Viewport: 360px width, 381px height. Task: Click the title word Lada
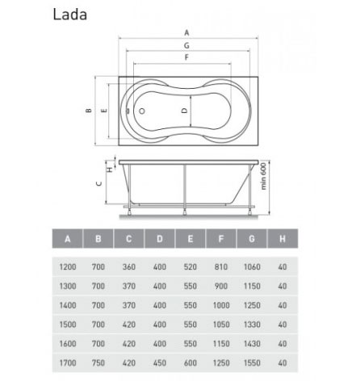tap(70, 15)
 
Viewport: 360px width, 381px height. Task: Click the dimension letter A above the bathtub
tap(186, 33)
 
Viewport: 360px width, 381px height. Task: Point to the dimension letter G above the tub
tap(186, 45)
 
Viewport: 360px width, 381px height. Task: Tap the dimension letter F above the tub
tap(186, 57)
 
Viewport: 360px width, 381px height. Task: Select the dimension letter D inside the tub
tap(185, 111)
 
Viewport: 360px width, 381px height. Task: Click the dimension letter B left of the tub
tap(89, 111)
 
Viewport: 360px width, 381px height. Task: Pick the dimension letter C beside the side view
tap(99, 183)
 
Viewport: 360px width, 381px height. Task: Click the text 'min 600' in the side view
tap(264, 176)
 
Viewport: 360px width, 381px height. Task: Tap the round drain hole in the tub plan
tap(142, 111)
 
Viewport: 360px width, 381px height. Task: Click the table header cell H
tap(283, 238)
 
